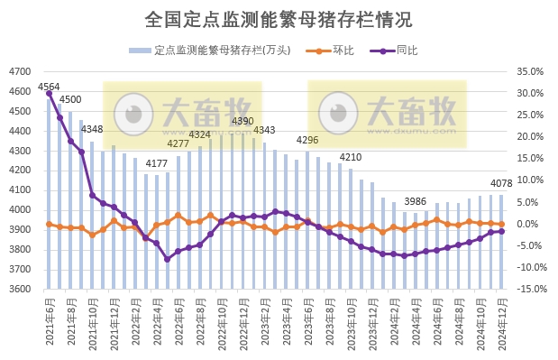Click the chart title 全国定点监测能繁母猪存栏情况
[279, 19]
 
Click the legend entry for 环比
[334, 50]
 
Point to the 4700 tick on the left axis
[20, 72]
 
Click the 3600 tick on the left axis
[20, 290]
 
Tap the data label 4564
[49, 88]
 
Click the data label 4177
[157, 163]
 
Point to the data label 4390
[243, 121]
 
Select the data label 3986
[416, 201]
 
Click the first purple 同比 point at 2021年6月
[49, 94]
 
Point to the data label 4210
[351, 157]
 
